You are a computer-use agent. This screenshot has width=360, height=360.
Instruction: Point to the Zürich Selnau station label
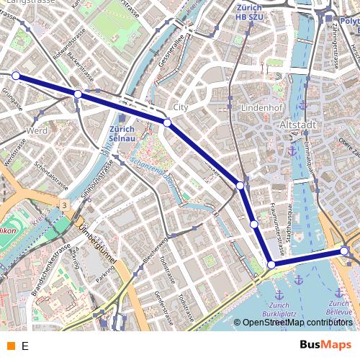click(122, 135)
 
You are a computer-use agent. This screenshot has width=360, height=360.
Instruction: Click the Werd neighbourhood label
click(36, 130)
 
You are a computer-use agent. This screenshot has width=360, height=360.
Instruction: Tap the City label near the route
click(180, 107)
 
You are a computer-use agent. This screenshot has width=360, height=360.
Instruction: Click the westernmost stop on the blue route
click(16, 75)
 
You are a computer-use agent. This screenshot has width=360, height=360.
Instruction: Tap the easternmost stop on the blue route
click(344, 251)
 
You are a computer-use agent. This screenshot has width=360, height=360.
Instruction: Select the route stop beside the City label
click(167, 123)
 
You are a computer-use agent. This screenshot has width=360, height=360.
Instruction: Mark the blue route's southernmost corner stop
click(271, 265)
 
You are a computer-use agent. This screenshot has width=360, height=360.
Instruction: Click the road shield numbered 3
click(64, 206)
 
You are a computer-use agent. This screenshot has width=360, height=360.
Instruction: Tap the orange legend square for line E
click(10, 346)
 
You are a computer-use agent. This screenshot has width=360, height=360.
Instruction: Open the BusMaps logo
click(325, 345)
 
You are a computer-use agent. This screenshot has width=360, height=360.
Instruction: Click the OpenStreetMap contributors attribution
click(297, 323)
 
